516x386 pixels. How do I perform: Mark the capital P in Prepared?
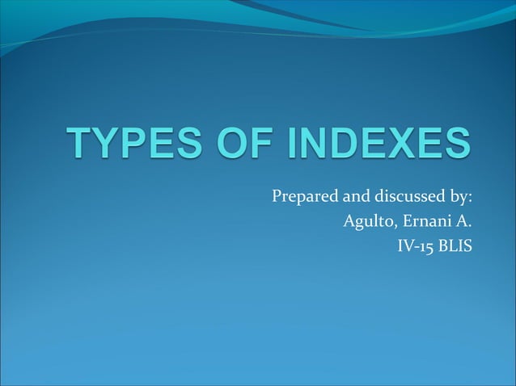coord(276,196)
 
